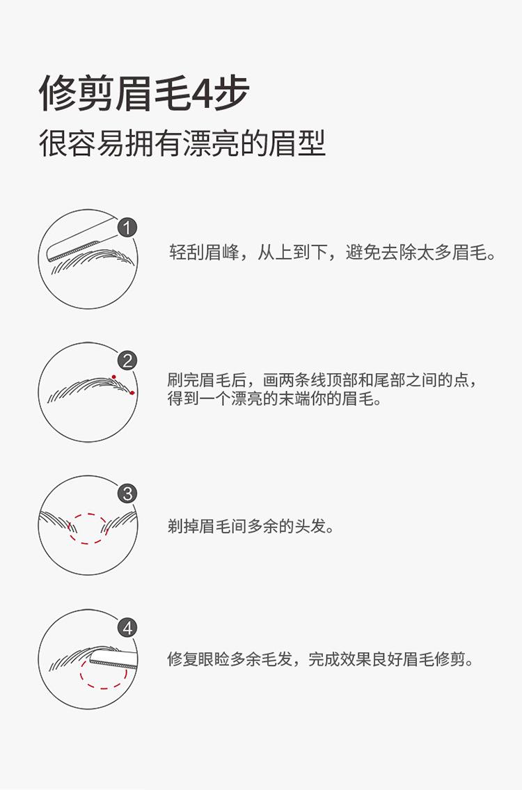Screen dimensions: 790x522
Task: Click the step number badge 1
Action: pyautogui.click(x=127, y=227)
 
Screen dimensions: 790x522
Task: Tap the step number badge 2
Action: pyautogui.click(x=127, y=361)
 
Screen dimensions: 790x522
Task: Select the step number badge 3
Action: pyautogui.click(x=127, y=494)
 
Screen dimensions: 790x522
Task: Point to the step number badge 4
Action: pyautogui.click(x=127, y=628)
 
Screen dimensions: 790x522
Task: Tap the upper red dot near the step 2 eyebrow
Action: pyautogui.click(x=114, y=377)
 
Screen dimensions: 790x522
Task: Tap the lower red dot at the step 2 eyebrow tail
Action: pyautogui.click(x=132, y=393)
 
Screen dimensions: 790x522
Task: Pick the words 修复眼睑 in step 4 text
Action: pyautogui.click(x=202, y=659)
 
